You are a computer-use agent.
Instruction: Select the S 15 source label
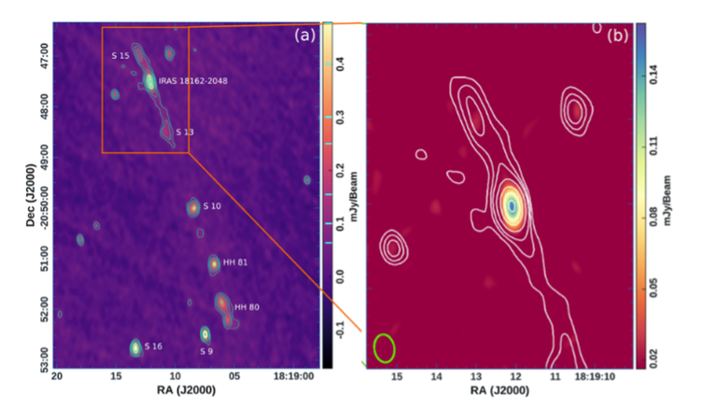(x=119, y=57)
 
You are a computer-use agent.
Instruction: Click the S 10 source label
(x=213, y=205)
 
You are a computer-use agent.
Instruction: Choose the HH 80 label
(x=246, y=307)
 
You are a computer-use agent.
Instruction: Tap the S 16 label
(x=152, y=346)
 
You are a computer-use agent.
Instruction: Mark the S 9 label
(x=207, y=351)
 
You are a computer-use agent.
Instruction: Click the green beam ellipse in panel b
(x=384, y=347)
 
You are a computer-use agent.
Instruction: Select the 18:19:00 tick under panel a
(x=297, y=375)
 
